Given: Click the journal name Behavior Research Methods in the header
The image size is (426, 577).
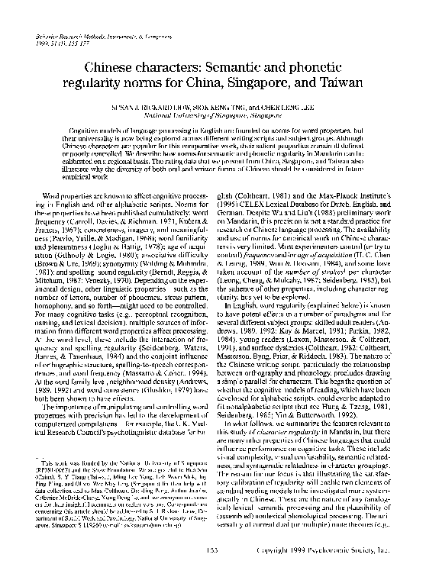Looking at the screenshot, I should click(x=69, y=35).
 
